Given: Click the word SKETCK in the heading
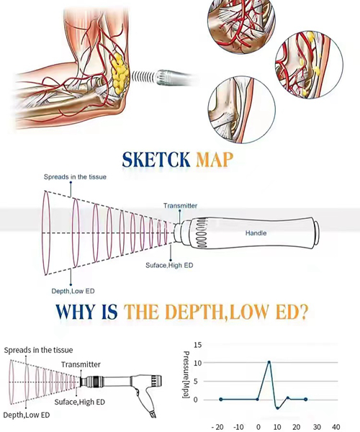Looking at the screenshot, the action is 156,159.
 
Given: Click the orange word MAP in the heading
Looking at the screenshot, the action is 215,159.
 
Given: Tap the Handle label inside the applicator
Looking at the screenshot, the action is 256,233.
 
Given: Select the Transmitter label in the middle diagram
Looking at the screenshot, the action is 180,206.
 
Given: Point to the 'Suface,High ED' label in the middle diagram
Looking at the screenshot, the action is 169,265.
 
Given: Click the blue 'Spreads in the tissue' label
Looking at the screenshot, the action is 75,177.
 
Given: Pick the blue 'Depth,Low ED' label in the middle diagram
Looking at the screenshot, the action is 73,291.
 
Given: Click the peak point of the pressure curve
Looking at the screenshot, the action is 269,362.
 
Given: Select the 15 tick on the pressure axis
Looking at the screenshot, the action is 198,345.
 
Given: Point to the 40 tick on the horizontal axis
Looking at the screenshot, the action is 336,427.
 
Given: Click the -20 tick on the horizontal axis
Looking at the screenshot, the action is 218,427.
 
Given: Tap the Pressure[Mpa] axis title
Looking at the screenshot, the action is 186,374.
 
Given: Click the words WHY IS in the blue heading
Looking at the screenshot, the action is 87,312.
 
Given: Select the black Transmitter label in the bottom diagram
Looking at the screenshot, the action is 81,364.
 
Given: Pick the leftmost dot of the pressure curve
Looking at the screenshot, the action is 221,399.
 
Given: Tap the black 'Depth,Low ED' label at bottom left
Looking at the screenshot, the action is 27,415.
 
